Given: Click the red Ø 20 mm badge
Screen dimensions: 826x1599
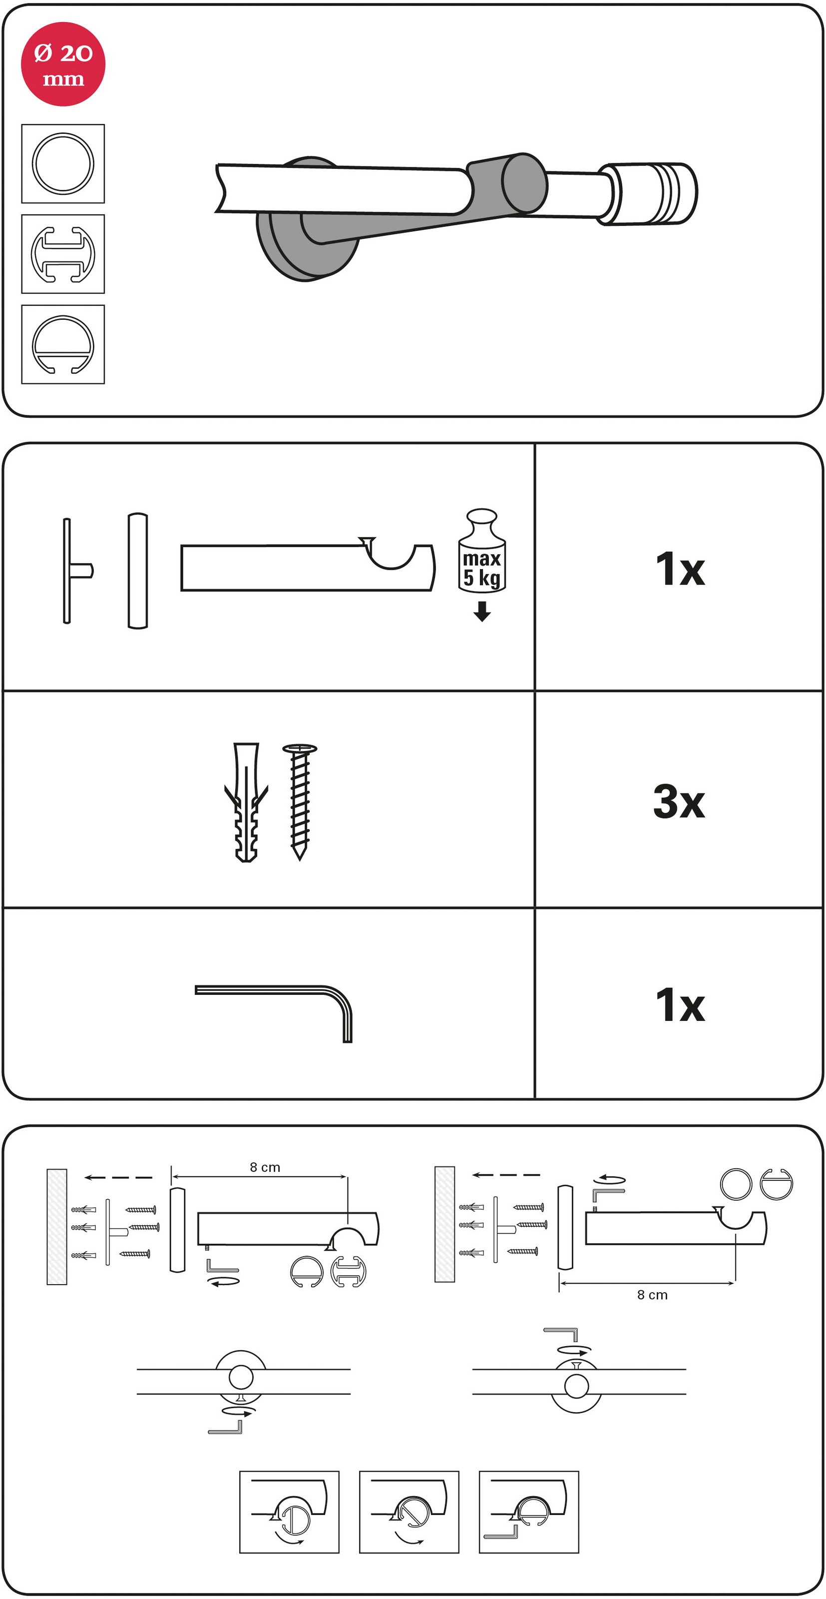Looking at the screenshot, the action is (63, 64).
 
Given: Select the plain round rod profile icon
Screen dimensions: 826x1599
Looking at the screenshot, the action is (63, 164).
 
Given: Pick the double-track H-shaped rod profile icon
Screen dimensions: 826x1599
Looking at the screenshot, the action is (63, 254).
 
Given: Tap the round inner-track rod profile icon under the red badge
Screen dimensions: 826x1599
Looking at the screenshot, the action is (63, 344).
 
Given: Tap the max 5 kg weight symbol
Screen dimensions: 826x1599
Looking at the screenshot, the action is (482, 551).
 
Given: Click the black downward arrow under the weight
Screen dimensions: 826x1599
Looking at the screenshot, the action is (482, 613).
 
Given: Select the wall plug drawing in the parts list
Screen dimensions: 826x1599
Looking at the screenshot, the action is (246, 802).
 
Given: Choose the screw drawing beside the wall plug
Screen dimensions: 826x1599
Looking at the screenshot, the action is (300, 802).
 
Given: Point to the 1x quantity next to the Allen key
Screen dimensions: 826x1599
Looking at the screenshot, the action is (680, 1004).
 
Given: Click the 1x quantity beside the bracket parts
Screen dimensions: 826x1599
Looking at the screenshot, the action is (680, 568).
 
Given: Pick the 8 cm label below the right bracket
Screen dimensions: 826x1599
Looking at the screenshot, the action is (652, 1295).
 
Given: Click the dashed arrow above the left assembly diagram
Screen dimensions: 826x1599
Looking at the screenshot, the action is (118, 1177).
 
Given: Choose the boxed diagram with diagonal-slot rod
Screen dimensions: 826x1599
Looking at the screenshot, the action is (409, 1512).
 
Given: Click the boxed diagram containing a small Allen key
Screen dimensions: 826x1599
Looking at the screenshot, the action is (529, 1512).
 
